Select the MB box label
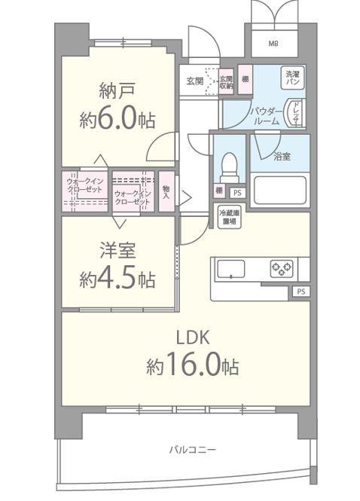[273, 42]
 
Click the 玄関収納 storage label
[226, 81]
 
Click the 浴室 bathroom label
[279, 156]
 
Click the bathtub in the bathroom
[279, 191]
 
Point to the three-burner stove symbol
[282, 267]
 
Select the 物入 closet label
[166, 193]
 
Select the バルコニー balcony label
[191, 450]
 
